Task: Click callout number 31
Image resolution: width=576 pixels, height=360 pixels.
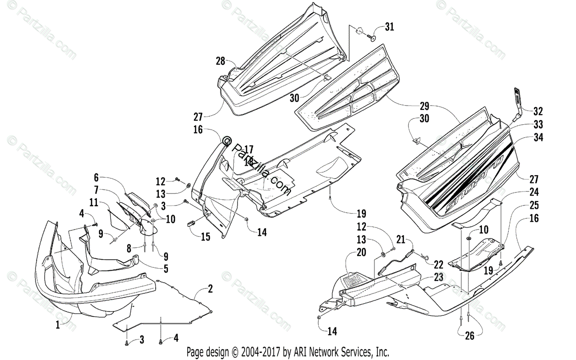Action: click(x=389, y=27)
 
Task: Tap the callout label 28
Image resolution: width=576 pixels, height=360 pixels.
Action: click(x=220, y=61)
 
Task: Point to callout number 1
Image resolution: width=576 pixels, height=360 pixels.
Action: click(x=58, y=324)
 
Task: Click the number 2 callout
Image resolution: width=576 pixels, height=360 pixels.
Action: click(x=210, y=289)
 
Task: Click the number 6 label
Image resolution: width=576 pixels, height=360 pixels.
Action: click(x=96, y=177)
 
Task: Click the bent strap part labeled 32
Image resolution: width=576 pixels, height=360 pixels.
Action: click(x=518, y=103)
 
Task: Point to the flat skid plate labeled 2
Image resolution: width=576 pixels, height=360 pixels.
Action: click(x=163, y=307)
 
